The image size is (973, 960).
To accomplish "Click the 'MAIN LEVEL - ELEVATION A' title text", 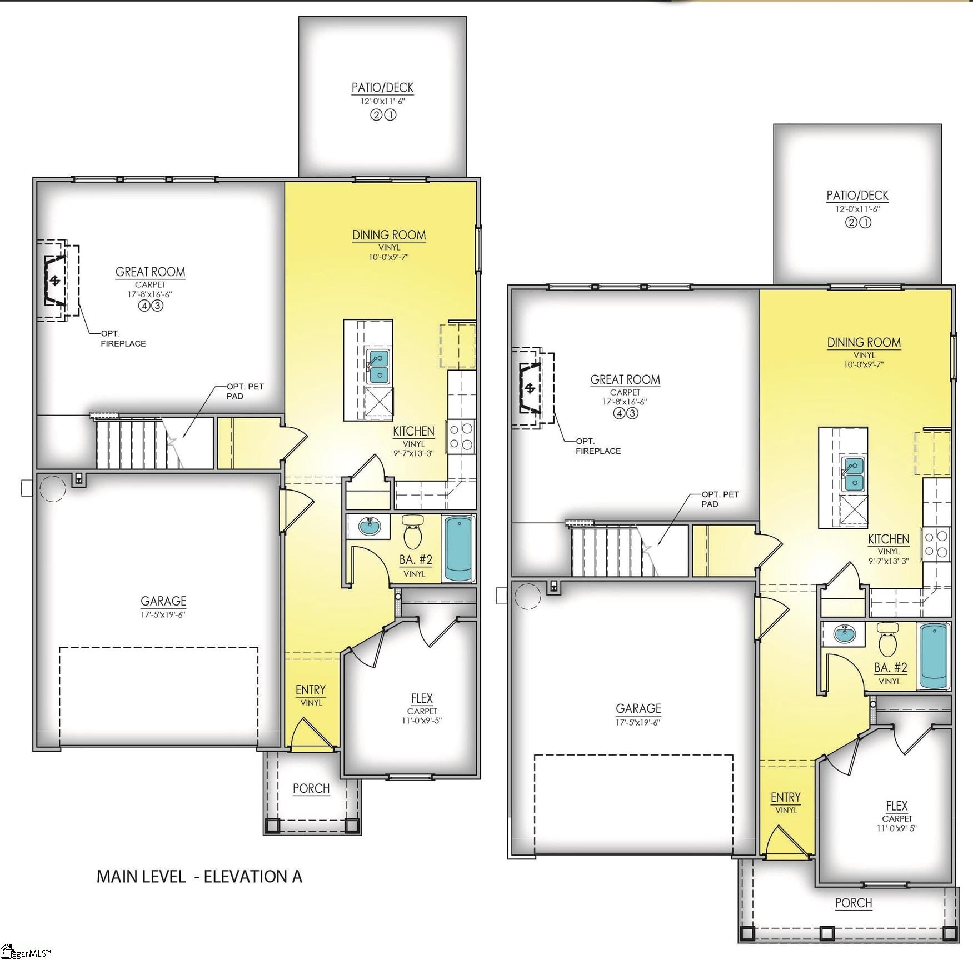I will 199,876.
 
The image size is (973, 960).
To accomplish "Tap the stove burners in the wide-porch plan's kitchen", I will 937,544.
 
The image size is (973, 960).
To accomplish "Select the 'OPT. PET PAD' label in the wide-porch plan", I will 720,499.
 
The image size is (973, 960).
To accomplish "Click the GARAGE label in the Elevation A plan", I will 163,601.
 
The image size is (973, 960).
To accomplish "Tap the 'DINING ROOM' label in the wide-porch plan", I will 864,342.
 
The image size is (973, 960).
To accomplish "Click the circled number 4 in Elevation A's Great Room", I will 144,306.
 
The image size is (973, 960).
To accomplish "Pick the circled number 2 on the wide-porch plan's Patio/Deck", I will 851,222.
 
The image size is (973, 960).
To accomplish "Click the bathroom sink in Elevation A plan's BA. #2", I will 369,524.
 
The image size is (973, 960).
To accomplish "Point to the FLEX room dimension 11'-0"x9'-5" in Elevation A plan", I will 422,721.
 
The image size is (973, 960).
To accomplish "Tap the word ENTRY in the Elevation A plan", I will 310,689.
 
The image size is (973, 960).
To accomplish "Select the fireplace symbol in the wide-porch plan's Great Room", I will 530,387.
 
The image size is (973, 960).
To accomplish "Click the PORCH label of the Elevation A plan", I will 311,788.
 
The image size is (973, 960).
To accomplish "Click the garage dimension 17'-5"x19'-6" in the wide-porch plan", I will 638,722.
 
